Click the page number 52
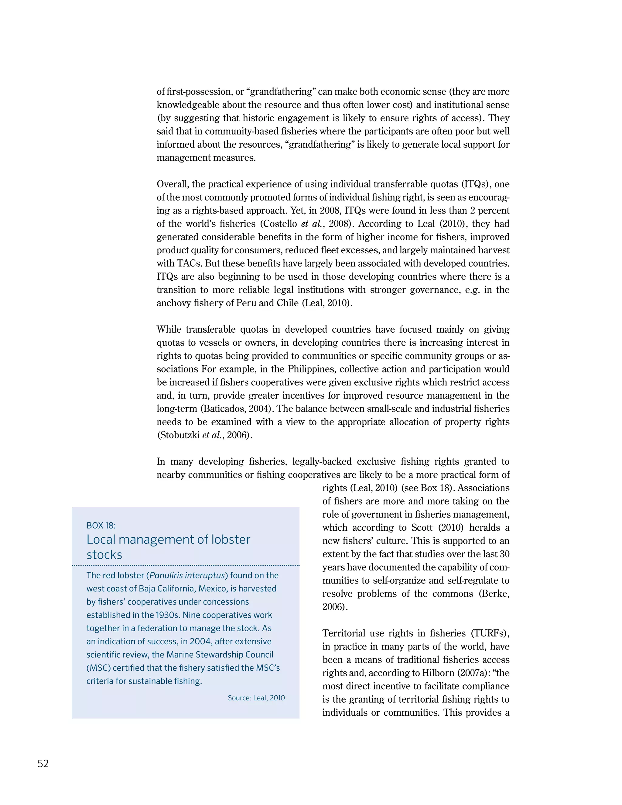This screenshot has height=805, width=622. coord(43,763)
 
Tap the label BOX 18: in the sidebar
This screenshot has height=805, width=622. coord(101,525)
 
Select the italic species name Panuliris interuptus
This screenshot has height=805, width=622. coord(189,575)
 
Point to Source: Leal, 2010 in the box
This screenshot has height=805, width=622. coord(256,698)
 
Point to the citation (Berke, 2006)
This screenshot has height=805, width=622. coord(494,594)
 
